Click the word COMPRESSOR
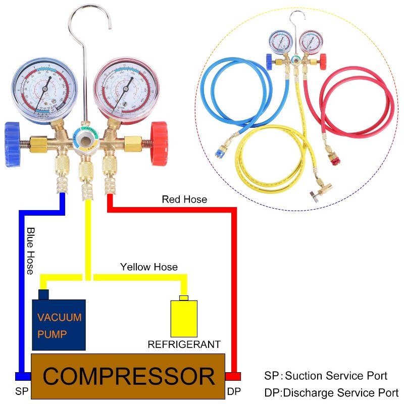coord(128,376)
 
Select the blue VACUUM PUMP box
coord(59,325)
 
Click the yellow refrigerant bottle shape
coord(184,318)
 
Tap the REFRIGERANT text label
coord(184,345)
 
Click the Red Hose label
coord(184,199)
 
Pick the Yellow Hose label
coord(148,266)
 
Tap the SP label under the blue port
coord(21,391)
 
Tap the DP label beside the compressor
coord(234,391)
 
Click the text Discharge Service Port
coord(338,392)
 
